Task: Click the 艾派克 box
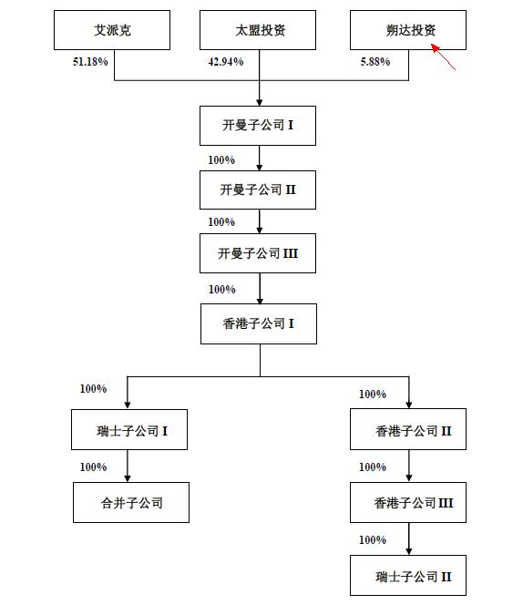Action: coord(112,30)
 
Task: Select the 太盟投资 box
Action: coord(259,30)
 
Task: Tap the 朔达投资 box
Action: coord(408,30)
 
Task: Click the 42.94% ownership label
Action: coord(226,62)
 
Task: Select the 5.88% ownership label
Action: coord(374,62)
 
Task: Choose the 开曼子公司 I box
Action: coord(259,126)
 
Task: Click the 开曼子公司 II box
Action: coord(259,190)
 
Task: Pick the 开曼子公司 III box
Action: coord(259,253)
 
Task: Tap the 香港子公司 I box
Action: coord(259,323)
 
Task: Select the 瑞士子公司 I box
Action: coord(131,430)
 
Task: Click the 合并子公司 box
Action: coord(131,502)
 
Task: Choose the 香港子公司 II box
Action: coord(408,430)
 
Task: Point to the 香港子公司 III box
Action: coord(408,502)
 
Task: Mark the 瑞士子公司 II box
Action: coord(408,576)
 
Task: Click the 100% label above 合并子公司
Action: coord(93,467)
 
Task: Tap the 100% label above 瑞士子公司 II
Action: coord(373,540)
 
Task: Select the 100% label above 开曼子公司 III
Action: coord(221,222)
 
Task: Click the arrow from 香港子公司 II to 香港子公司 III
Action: coord(409,466)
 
